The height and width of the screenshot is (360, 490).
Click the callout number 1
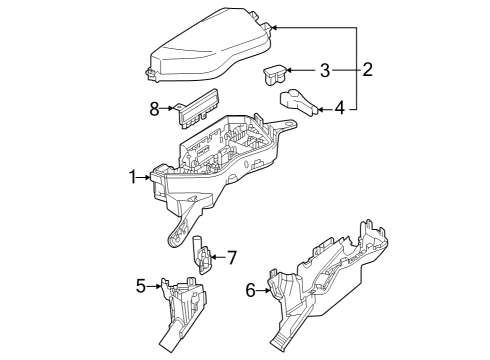coord(132,177)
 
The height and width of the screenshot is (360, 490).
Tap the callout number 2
coord(367,69)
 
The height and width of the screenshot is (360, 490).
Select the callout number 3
coord(324,70)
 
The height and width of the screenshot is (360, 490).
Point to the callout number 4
coord(340,107)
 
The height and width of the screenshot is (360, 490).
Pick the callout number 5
coord(141,287)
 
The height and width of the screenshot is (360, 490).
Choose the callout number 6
coord(251,290)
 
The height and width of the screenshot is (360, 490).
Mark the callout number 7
coord(231,258)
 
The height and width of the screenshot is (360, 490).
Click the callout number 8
coord(155,108)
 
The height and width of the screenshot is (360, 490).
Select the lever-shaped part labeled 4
coord(298,100)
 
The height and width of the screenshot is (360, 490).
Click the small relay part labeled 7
coord(202,257)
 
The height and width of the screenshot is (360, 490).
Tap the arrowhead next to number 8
coord(172,108)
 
